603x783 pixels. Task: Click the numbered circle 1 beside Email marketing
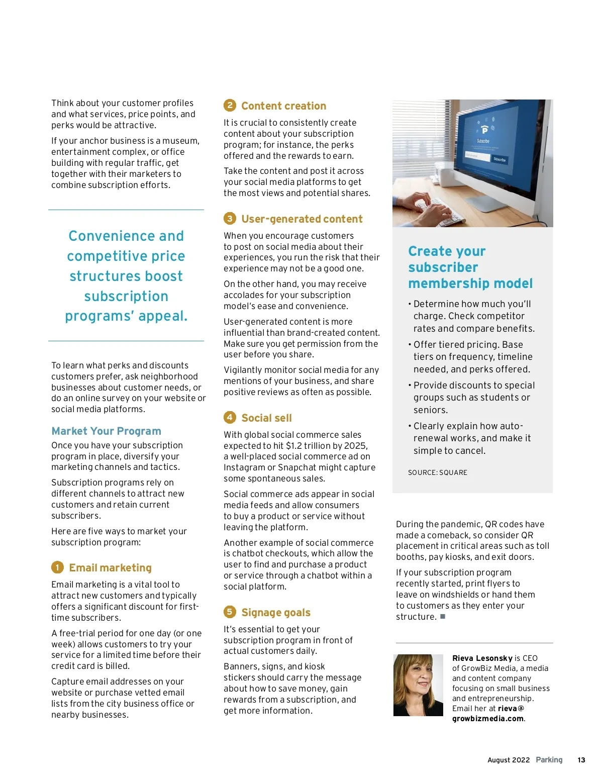click(57, 567)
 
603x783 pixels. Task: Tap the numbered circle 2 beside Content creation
click(230, 106)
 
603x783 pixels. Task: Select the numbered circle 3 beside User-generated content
click(230, 219)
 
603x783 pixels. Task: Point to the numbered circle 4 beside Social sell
click(230, 418)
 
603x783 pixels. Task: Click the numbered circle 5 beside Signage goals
click(230, 612)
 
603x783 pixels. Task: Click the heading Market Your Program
click(106, 431)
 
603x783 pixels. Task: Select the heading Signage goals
click(276, 613)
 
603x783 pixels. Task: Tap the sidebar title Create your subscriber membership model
click(470, 267)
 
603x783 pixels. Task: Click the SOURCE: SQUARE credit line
click(437, 473)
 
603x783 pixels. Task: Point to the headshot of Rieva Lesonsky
click(418, 684)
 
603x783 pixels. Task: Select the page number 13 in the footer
click(581, 760)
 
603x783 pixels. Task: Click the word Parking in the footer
click(549, 760)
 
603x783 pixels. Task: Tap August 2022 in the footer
click(508, 760)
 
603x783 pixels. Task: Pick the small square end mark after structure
click(443, 617)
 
